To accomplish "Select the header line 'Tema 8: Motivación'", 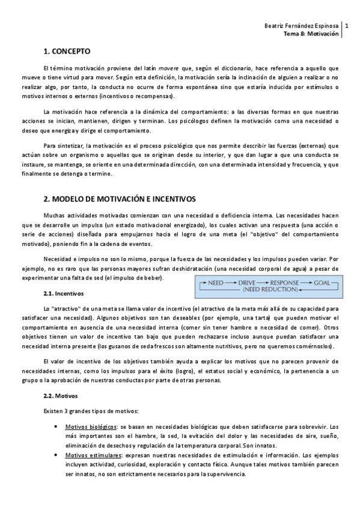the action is [x=311, y=35].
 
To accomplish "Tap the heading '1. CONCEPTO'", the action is [x=67, y=52].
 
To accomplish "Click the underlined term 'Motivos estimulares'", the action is [x=92, y=456].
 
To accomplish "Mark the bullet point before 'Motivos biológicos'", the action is [x=56, y=425].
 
